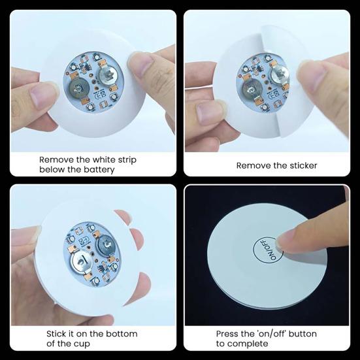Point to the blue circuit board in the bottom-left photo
click(x=91, y=249)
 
